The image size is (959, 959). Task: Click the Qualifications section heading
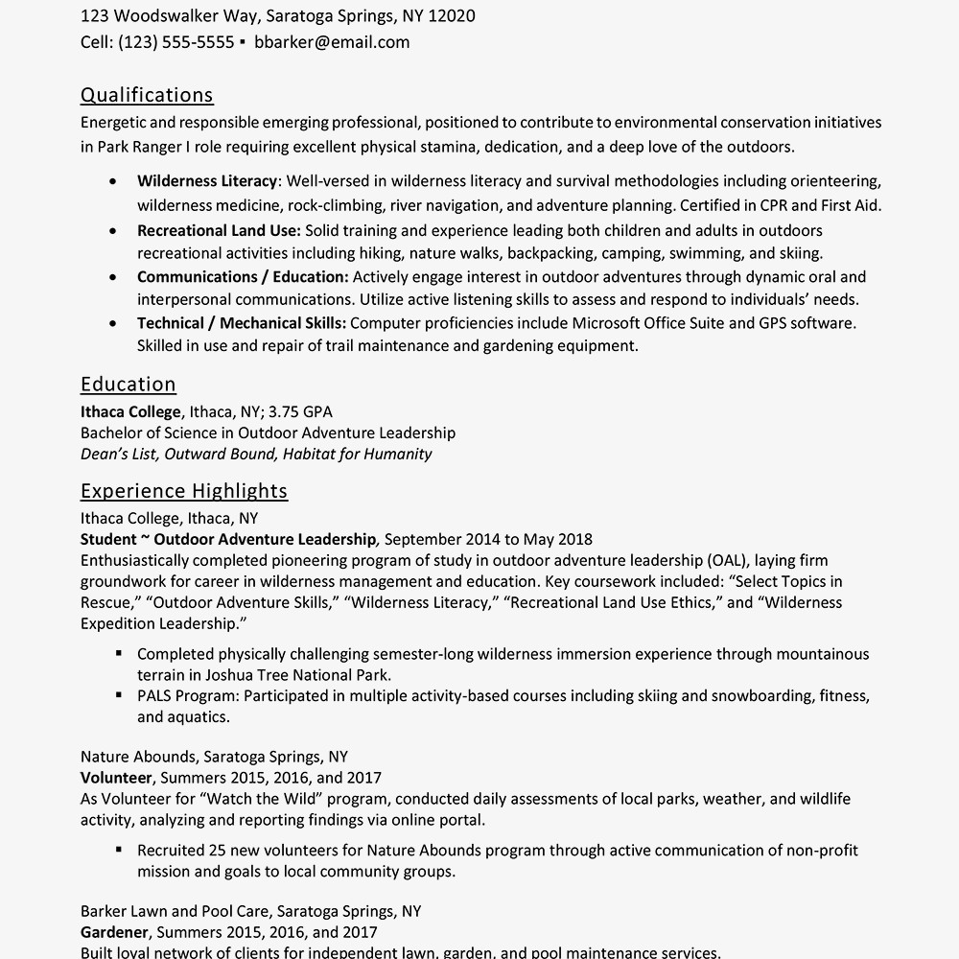(x=147, y=95)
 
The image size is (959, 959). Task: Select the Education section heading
(x=129, y=385)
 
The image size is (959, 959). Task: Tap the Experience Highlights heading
(x=184, y=491)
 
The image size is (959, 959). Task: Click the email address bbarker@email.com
(x=332, y=42)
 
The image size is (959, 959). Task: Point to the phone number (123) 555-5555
(x=175, y=42)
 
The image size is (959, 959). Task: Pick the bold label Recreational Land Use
(x=219, y=231)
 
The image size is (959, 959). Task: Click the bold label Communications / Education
(x=243, y=277)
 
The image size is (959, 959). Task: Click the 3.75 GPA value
(x=300, y=412)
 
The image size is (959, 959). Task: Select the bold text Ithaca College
(x=130, y=412)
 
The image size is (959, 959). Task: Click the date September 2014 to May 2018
(x=488, y=540)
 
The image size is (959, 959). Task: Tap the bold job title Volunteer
(x=116, y=778)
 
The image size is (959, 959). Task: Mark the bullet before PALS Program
(x=118, y=695)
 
